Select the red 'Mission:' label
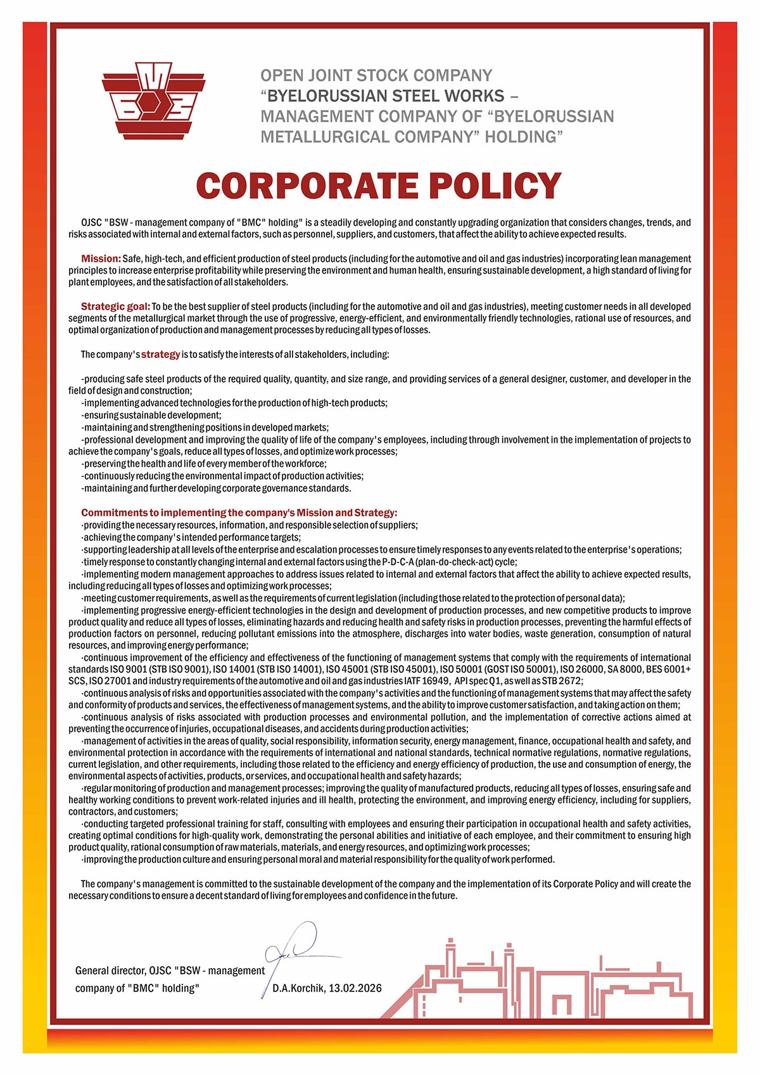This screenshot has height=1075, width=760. tap(101, 258)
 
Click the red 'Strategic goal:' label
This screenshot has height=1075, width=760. tap(115, 307)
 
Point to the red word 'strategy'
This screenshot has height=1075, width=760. tap(160, 354)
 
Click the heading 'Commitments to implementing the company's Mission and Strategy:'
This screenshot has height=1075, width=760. tap(239, 512)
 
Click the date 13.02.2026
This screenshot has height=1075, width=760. tap(355, 988)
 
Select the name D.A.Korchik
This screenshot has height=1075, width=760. tap(298, 988)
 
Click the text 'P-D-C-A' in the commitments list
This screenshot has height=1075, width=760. tap(398, 562)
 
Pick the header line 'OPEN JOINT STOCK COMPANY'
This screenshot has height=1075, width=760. tap(376, 76)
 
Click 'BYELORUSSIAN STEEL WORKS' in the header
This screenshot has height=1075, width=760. tap(386, 96)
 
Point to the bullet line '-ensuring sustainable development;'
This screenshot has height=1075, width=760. tap(152, 415)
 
